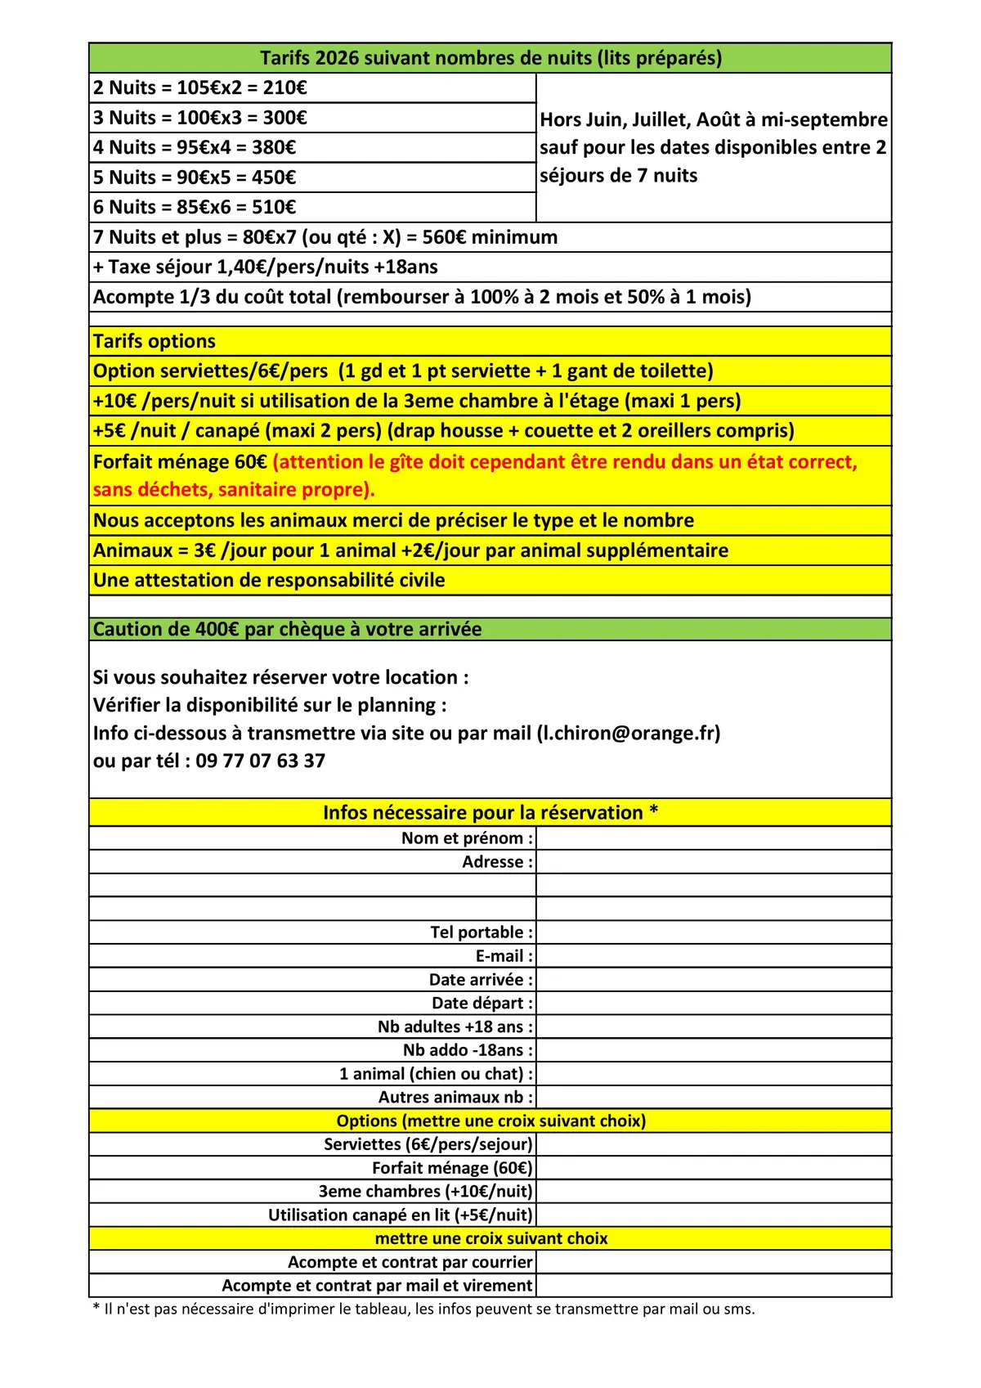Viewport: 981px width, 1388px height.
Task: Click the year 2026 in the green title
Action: coord(337,58)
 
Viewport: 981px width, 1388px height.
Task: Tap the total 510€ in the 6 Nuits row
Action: coord(274,208)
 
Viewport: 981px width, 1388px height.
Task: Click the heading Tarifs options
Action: coord(155,341)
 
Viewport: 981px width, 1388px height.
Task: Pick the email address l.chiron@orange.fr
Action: coord(628,733)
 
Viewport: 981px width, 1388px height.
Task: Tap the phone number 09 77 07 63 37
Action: coord(260,761)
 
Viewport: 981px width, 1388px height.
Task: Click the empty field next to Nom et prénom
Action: coord(713,838)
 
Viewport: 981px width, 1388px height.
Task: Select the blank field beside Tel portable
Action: coord(713,932)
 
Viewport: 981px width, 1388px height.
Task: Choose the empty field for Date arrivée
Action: coord(713,980)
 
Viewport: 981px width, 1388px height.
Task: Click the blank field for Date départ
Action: coord(713,1004)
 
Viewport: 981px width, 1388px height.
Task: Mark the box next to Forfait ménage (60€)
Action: coord(713,1168)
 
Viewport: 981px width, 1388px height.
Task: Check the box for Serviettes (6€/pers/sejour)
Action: coord(713,1144)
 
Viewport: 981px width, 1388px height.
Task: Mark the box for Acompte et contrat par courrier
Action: coord(713,1262)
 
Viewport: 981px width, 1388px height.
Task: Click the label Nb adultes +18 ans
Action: coord(455,1027)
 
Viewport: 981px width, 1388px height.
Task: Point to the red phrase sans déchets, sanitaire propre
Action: coord(234,490)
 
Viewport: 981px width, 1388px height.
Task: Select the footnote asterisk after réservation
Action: coord(654,811)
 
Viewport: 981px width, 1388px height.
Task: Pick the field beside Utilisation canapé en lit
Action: coord(713,1215)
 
